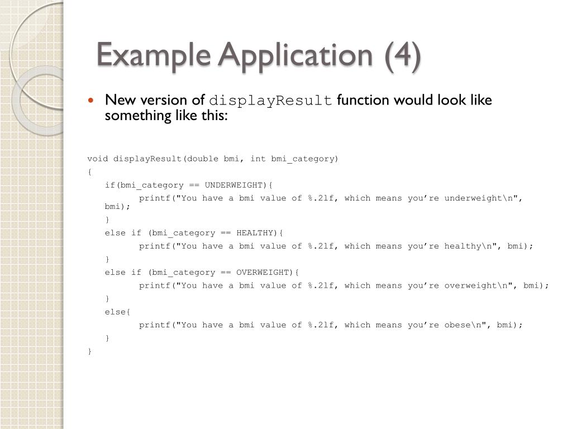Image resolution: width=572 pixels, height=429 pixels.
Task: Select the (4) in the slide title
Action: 402,56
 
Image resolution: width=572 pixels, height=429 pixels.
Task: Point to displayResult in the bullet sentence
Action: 270,101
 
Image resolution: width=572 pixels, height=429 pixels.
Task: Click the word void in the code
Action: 98,159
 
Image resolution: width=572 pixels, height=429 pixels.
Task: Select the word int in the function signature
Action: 258,159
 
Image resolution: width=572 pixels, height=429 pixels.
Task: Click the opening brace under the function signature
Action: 89,172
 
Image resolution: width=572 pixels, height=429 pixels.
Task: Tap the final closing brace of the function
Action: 89,351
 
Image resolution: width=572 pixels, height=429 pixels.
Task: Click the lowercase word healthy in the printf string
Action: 463,246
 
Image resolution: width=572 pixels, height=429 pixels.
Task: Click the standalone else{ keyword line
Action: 113,312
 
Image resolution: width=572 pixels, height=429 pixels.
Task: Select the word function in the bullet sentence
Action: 363,101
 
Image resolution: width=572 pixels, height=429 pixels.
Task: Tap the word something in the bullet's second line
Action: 132,116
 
